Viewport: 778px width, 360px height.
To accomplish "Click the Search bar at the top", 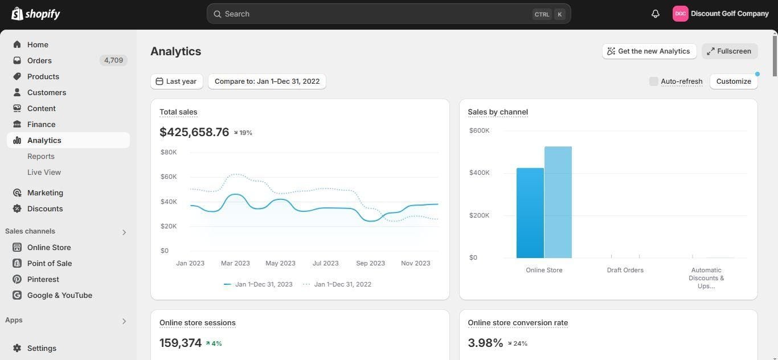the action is click(388, 14).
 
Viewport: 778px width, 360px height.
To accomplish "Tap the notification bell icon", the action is click(655, 14).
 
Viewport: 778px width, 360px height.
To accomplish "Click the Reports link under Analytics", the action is click(41, 157).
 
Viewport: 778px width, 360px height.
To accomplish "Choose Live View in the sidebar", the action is click(44, 173).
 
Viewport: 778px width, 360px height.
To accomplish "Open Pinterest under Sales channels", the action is click(43, 279).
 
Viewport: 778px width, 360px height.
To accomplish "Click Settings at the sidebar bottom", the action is click(42, 348).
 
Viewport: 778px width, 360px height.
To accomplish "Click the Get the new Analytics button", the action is click(649, 51).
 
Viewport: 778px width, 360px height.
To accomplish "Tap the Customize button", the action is click(734, 81).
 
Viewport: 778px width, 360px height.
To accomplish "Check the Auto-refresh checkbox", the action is click(654, 81).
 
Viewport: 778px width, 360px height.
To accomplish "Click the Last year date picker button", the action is click(177, 81).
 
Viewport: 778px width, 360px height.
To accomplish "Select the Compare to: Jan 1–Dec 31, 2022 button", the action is click(267, 81).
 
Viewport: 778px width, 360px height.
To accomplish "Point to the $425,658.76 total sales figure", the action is click(194, 132).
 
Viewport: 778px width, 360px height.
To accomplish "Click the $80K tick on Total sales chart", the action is click(169, 152).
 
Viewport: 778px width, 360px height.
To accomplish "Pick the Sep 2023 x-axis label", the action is click(371, 263).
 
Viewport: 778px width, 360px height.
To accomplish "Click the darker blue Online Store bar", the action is click(530, 213).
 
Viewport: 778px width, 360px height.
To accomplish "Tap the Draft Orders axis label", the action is click(625, 270).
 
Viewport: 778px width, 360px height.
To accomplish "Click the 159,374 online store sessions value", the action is click(181, 343).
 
